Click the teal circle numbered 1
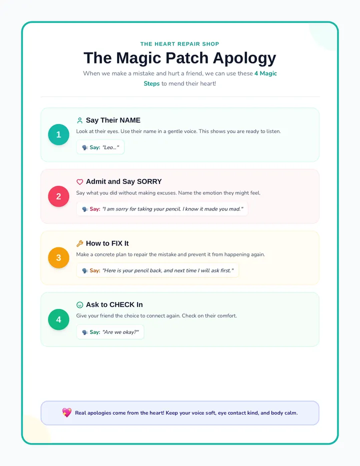58,134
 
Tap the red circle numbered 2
58,196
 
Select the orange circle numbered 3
58,257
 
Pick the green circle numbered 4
58,319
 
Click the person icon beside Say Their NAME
79,120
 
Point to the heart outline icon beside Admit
79,181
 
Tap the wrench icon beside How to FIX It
79,243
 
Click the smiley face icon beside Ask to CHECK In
79,304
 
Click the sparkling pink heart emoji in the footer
67,412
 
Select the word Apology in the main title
244,58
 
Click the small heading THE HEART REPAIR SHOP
179,44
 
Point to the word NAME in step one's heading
130,120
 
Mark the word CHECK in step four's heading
122,304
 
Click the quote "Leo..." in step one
110,147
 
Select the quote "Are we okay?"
120,332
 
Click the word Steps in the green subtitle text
151,83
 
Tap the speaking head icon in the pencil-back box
85,270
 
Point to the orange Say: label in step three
95,270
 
